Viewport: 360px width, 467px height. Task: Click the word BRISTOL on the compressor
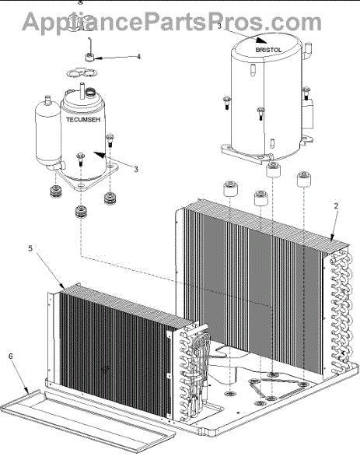coord(268,50)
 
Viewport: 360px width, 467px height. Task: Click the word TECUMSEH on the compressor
coord(83,120)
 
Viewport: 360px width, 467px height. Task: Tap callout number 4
coord(138,57)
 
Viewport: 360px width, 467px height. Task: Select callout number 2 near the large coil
coord(336,206)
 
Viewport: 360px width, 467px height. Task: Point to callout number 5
coord(30,248)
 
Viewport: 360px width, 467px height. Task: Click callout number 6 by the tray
coord(11,356)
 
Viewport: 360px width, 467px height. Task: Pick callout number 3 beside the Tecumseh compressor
coord(136,170)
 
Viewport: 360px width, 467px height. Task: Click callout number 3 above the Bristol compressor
coord(219,26)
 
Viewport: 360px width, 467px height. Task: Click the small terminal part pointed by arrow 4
coord(90,57)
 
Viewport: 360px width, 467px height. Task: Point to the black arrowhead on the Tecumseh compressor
coord(100,154)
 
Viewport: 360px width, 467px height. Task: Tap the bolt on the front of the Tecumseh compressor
coord(80,159)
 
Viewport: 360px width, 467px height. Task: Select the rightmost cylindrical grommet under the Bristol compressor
coord(304,179)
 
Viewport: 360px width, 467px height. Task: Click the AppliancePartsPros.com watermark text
coord(172,22)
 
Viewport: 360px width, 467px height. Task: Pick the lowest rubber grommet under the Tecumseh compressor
coord(81,212)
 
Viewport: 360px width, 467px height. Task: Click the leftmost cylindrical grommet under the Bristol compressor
coord(230,188)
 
